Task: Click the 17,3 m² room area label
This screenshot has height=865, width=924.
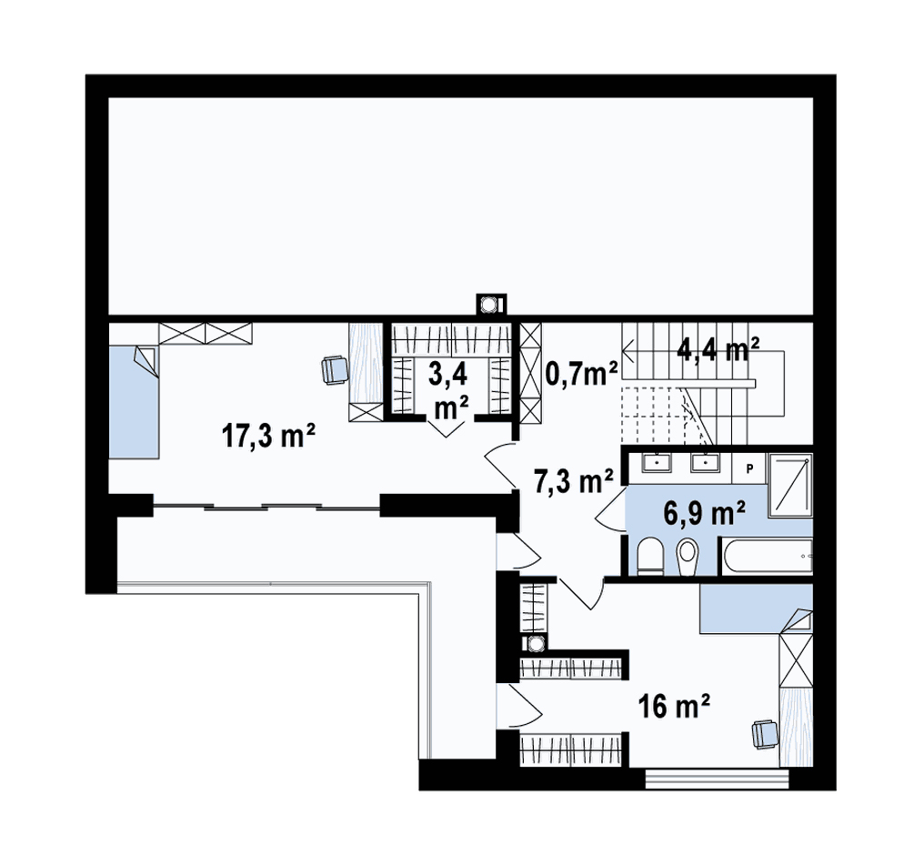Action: [x=268, y=436]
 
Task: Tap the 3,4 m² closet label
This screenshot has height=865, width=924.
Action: [x=448, y=390]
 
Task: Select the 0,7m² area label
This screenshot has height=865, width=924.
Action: [x=582, y=374]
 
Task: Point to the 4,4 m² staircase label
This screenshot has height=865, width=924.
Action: [x=718, y=350]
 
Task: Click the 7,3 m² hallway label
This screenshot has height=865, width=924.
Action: [x=574, y=481]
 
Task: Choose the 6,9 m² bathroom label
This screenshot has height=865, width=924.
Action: [x=705, y=513]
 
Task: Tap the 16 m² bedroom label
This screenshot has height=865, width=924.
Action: [x=674, y=705]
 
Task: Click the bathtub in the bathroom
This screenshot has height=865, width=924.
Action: [x=767, y=555]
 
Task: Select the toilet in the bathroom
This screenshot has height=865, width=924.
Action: [x=650, y=555]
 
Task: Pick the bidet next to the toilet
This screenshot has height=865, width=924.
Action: [x=687, y=557]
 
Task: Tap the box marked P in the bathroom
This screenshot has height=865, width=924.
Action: [x=749, y=468]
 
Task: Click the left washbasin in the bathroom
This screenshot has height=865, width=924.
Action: [x=657, y=463]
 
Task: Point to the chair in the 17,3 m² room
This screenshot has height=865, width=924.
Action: [x=335, y=370]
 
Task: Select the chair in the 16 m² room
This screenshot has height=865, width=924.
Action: [x=765, y=734]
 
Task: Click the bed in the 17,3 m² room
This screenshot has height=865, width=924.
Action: [x=134, y=402]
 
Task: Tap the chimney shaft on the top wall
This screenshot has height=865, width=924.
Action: [x=490, y=305]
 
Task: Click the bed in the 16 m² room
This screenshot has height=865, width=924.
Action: [x=757, y=609]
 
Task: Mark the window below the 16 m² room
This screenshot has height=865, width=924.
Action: [x=718, y=779]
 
